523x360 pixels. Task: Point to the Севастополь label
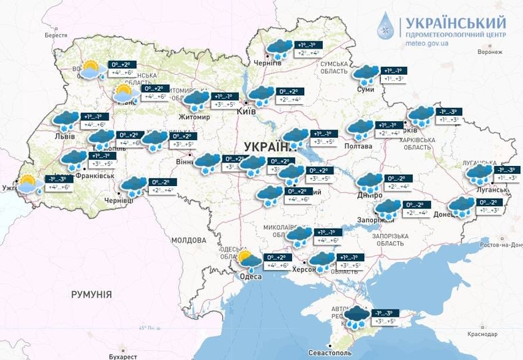coord(333,351)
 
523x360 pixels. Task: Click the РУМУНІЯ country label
coord(91,294)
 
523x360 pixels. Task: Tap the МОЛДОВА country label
coord(189,239)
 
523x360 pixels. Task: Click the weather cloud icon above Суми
coord(366,74)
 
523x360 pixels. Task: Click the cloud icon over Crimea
coord(357,316)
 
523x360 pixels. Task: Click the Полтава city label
coord(358,145)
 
